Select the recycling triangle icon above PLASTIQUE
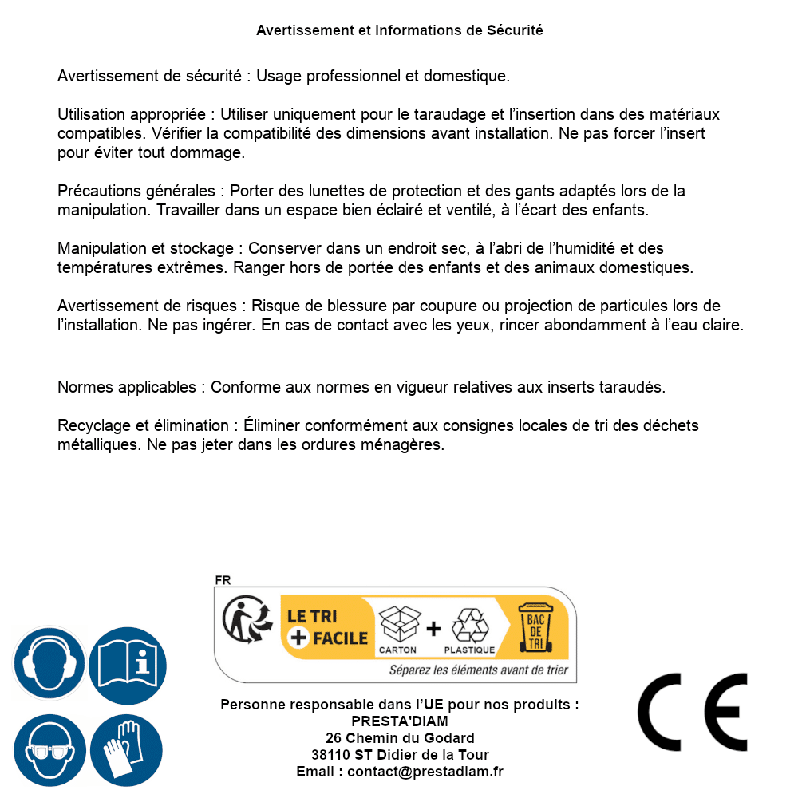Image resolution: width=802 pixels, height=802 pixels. [469, 625]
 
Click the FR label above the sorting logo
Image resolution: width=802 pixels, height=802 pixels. [223, 580]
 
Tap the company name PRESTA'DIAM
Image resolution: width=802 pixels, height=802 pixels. [400, 721]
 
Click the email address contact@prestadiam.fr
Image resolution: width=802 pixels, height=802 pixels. [425, 772]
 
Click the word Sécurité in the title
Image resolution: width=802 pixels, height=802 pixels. [515, 30]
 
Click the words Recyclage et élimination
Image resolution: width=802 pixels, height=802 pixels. [144, 426]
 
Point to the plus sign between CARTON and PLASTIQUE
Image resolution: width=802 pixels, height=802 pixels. [433, 629]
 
